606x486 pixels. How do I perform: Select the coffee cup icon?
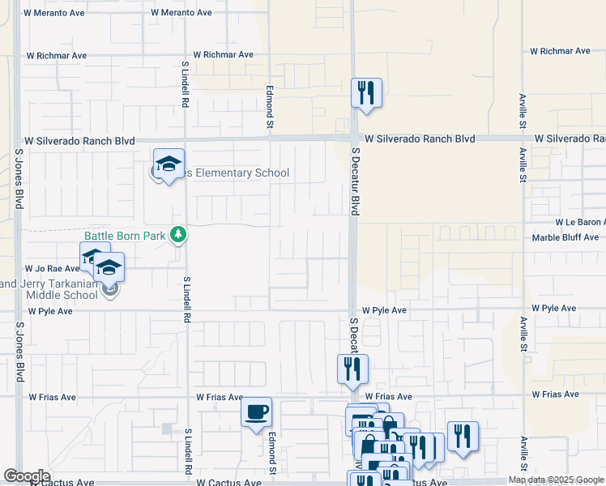point(257,412)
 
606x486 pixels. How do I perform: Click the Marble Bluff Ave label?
point(565,237)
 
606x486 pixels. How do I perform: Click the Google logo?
point(27,476)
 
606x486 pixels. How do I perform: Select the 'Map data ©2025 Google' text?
point(556,480)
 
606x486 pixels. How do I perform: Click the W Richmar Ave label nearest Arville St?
point(560,51)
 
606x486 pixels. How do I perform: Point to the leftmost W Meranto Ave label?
point(55,13)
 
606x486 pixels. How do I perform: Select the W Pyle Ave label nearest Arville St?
point(553,309)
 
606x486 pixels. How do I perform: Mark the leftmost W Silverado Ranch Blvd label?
point(79,141)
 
